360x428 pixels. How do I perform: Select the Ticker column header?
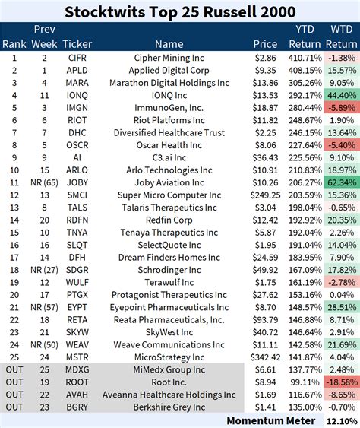pos(77,43)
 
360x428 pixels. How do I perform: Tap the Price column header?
pos(264,43)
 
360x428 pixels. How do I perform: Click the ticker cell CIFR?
pos(77,57)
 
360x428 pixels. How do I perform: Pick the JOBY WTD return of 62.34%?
pos(340,182)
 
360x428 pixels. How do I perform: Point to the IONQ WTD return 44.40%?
pos(340,95)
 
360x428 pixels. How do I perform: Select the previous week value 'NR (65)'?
pos(44,182)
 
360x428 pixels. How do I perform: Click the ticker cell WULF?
pos(77,282)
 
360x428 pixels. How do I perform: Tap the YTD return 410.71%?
pos(305,57)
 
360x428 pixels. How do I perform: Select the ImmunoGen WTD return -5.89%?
pos(340,108)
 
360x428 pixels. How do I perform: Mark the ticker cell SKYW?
pos(77,332)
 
